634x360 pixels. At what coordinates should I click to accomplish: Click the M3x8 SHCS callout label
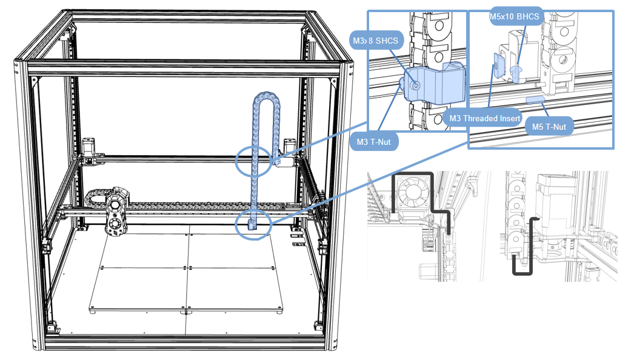(x=376, y=41)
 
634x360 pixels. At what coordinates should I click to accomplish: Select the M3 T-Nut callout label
(x=373, y=142)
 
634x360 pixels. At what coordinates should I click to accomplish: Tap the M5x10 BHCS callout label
(x=515, y=16)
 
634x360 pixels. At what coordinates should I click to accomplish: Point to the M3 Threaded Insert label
(x=484, y=118)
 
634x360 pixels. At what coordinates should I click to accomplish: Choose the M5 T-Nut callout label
(x=549, y=127)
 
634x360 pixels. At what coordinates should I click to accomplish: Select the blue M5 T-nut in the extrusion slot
(x=536, y=99)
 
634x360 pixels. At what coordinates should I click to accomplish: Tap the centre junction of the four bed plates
(x=187, y=267)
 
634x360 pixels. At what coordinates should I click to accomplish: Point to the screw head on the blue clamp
(x=415, y=85)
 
